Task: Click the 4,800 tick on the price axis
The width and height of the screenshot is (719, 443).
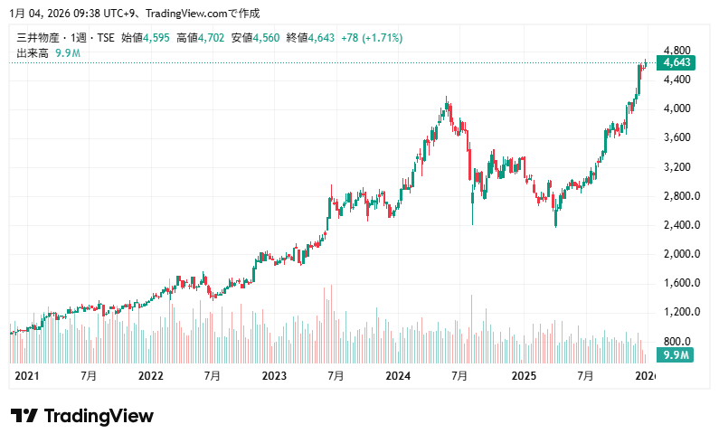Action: pyautogui.click(x=676, y=51)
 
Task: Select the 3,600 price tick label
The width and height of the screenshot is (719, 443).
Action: pyautogui.click(x=676, y=137)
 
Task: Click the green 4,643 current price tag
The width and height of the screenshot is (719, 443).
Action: pyautogui.click(x=676, y=63)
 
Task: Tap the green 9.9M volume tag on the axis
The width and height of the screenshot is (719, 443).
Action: pyautogui.click(x=675, y=354)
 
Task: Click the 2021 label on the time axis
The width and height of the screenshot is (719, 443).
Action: pyautogui.click(x=27, y=375)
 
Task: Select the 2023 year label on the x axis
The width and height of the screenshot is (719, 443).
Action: pyautogui.click(x=274, y=375)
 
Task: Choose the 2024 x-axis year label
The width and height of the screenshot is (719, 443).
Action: pyautogui.click(x=398, y=375)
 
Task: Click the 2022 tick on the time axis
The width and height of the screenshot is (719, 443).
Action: pyautogui.click(x=150, y=375)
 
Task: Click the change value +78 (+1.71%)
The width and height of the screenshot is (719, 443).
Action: pyautogui.click(x=373, y=38)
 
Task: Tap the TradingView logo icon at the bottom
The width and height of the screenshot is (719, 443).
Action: pyautogui.click(x=24, y=416)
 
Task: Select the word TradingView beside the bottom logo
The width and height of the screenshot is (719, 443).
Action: pyautogui.click(x=99, y=416)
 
